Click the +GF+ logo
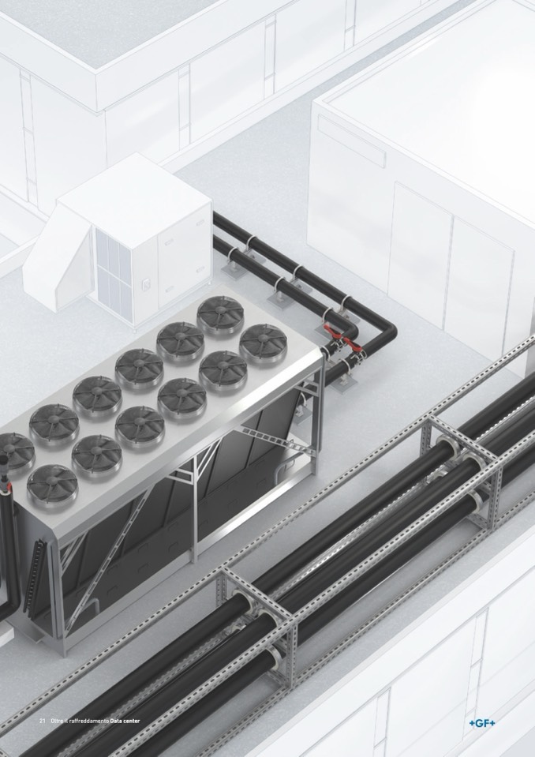(x=481, y=723)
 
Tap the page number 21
(x=42, y=721)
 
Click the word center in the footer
(x=131, y=721)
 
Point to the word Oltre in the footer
(x=57, y=721)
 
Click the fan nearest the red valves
(x=263, y=342)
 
